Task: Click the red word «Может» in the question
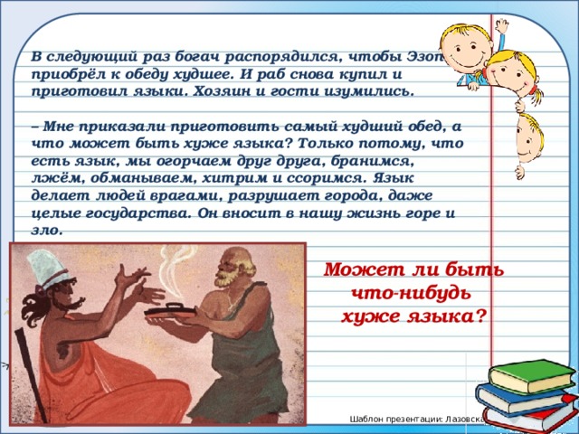tap(356, 269)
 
